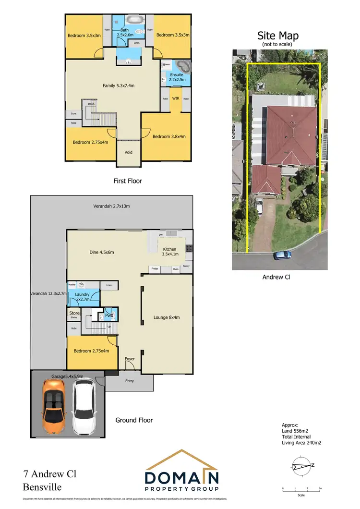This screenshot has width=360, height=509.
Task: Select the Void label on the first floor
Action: (x=128, y=152)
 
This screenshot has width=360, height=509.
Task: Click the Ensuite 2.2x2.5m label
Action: (x=175, y=78)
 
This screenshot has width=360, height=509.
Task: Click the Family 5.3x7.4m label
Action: (x=119, y=86)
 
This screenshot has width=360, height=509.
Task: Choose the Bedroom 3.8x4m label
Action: (x=166, y=136)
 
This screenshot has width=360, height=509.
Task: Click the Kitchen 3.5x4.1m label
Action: (x=170, y=252)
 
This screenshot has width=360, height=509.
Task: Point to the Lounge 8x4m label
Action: (x=167, y=317)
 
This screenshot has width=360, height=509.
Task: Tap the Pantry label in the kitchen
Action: (x=186, y=266)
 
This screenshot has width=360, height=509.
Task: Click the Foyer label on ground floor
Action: (x=130, y=359)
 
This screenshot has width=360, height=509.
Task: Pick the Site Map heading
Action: (x=278, y=36)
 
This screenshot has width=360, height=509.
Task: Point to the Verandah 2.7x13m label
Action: (x=111, y=206)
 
